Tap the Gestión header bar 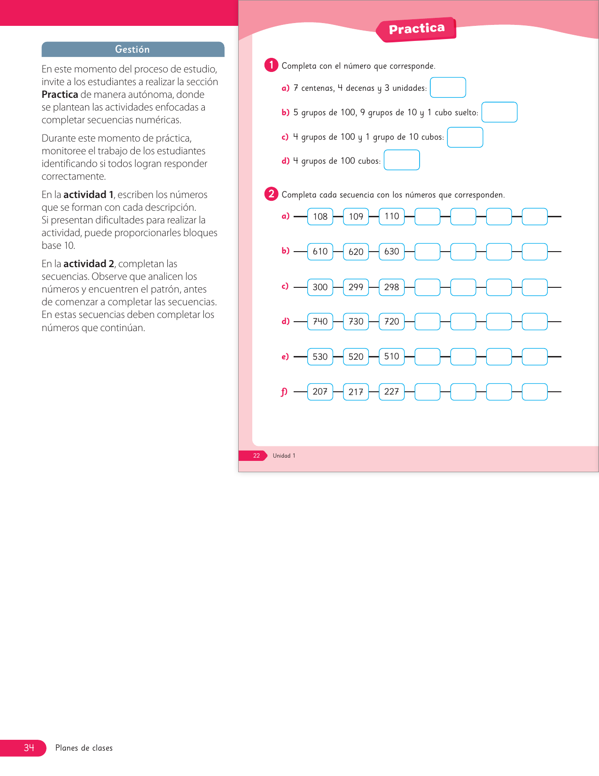tap(132, 49)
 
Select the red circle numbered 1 tap(271, 65)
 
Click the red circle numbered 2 tap(271, 194)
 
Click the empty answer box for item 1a tap(448, 87)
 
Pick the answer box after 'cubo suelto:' tap(499, 112)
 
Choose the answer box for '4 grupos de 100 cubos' tap(402, 160)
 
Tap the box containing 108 tap(320, 216)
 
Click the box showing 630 tap(391, 252)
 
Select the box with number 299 tap(356, 287)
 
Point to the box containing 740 tap(320, 321)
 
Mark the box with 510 tap(391, 356)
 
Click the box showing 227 tap(391, 392)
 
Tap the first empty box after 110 tap(428, 216)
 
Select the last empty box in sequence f tap(535, 392)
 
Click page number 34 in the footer tap(29, 747)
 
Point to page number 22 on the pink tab tap(257, 456)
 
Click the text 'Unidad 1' tap(284, 456)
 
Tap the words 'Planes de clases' tap(84, 748)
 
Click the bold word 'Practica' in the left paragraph tap(60, 94)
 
